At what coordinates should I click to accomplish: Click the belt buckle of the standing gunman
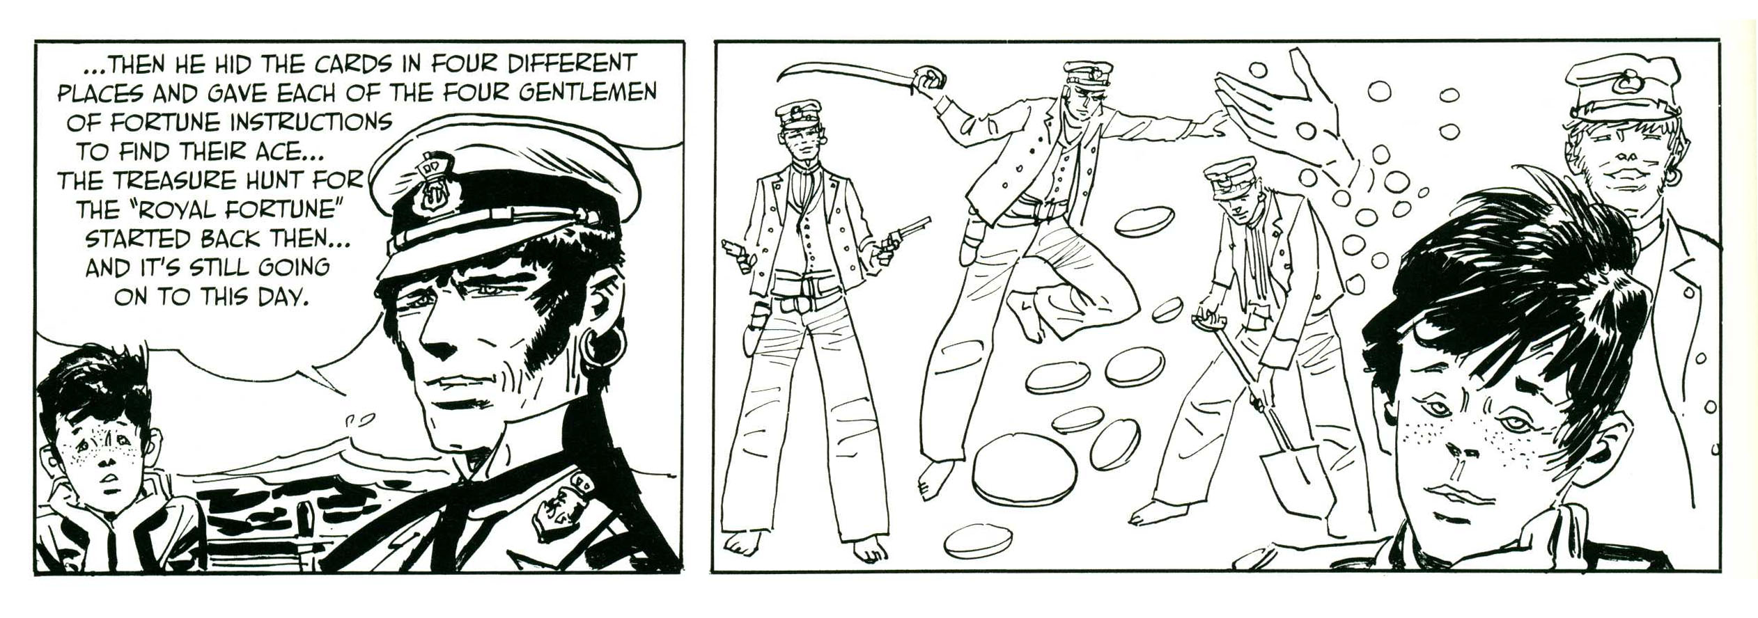[793, 304]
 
